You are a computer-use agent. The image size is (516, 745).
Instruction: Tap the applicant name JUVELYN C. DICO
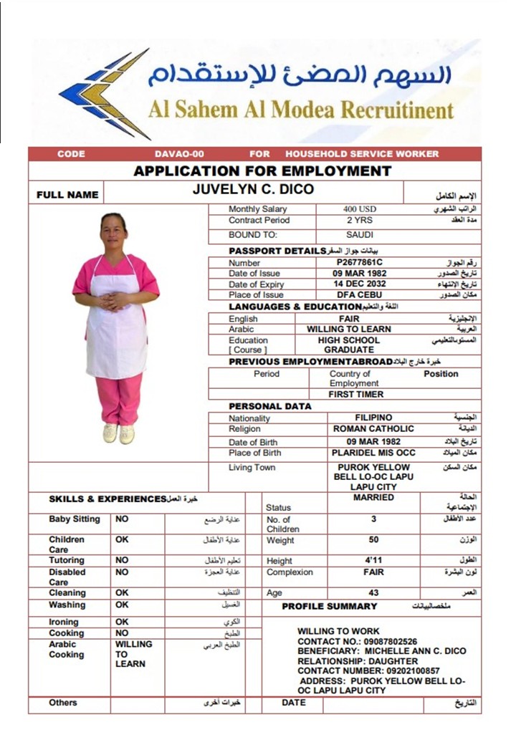point(253,190)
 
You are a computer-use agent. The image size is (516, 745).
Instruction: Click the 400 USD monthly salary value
point(359,209)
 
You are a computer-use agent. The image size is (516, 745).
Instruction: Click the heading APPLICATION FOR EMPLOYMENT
point(262,171)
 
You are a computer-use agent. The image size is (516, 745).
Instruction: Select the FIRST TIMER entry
point(356,394)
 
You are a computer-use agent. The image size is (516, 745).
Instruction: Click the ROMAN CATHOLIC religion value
point(373,428)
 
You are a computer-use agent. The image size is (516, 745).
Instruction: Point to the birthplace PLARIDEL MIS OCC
point(373,453)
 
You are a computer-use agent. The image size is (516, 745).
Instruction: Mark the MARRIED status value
point(373,497)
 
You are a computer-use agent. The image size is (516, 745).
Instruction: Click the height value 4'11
point(373,560)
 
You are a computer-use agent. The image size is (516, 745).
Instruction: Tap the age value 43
point(373,592)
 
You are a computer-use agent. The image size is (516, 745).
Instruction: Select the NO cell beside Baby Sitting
point(122,519)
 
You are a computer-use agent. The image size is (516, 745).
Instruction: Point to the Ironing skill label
point(64,622)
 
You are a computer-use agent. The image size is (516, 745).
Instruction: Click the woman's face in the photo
point(114,227)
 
